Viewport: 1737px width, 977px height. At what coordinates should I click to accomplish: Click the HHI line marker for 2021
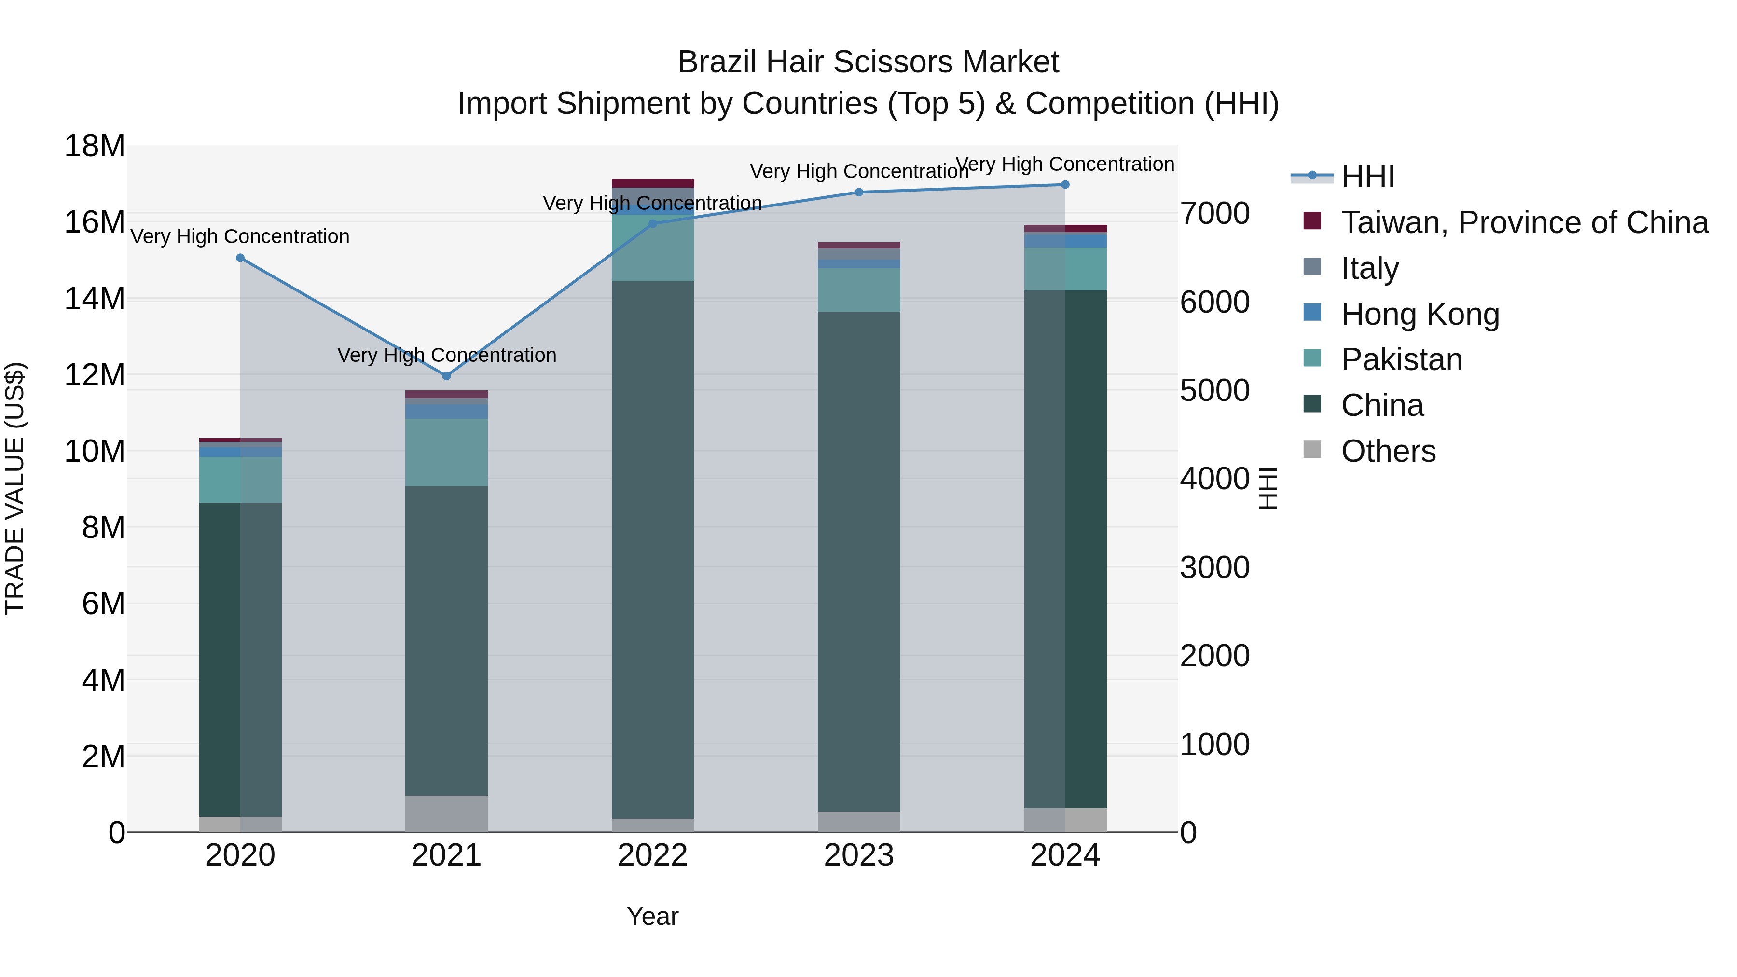coord(446,375)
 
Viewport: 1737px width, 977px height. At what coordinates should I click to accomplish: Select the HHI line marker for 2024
coord(1065,185)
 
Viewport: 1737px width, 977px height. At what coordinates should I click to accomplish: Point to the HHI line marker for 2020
coord(240,258)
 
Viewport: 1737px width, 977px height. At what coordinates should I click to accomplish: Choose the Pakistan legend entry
coord(1401,359)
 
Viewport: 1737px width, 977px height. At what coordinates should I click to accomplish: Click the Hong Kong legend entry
coord(1420,314)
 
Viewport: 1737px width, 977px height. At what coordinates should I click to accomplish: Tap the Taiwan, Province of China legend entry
coord(1524,222)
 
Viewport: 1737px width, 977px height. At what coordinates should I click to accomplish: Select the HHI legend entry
coord(1367,177)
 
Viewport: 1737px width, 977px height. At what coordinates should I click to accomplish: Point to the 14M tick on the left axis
coord(95,299)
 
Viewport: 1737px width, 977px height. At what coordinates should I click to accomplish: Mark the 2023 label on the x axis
coord(858,855)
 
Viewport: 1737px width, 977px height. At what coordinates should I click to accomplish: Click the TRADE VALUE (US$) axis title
coord(15,488)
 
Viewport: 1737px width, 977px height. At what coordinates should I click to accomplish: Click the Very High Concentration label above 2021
coord(446,355)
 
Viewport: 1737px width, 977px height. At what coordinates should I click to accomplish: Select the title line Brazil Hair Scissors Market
coord(868,62)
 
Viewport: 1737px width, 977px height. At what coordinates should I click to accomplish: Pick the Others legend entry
coord(1388,451)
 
